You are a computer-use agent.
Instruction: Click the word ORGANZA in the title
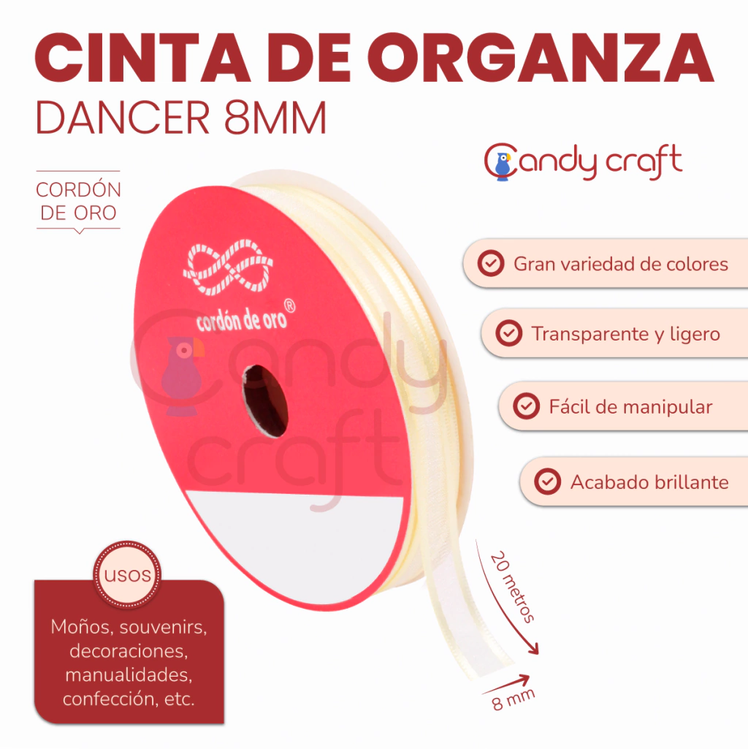541,58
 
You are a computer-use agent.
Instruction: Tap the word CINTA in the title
142,58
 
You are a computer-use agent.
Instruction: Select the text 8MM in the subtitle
275,118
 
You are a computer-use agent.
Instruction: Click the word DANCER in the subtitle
123,118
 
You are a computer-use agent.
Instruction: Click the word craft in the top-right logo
644,161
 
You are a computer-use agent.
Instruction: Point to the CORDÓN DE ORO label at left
79,201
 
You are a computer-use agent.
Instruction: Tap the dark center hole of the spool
265,401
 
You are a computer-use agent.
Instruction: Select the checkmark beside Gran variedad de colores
491,263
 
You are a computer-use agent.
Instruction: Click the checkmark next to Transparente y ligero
508,333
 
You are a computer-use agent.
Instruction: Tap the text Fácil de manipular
630,407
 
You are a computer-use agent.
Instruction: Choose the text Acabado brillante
649,482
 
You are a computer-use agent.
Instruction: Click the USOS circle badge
127,574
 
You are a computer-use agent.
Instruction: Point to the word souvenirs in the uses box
163,627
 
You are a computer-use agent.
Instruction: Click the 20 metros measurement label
513,587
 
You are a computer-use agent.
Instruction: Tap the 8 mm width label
514,700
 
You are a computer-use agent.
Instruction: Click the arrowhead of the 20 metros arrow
533,648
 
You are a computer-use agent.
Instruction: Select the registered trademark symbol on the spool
289,306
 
